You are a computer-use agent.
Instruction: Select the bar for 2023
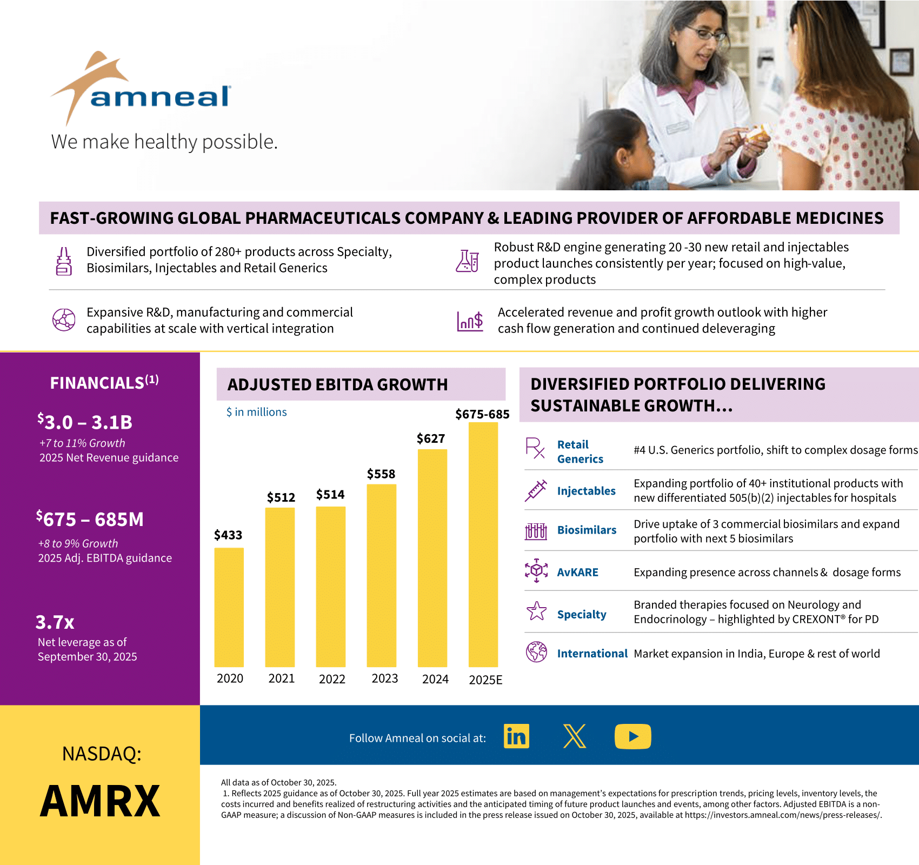381,575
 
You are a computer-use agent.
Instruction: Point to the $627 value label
431,438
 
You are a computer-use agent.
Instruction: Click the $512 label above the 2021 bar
281,497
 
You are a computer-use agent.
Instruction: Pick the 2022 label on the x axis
332,679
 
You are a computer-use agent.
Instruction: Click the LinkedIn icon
516,736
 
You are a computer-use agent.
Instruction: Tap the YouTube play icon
632,736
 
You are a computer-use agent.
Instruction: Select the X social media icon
574,736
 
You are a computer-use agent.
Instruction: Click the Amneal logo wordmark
160,97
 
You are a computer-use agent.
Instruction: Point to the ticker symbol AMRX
100,801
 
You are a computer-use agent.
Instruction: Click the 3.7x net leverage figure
55,622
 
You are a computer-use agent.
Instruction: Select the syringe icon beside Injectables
536,490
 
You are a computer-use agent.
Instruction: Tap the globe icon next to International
536,652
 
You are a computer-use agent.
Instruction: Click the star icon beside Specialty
536,611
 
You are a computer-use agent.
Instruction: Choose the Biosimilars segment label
587,530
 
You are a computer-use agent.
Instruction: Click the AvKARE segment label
577,572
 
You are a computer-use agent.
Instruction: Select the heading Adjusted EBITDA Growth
337,384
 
